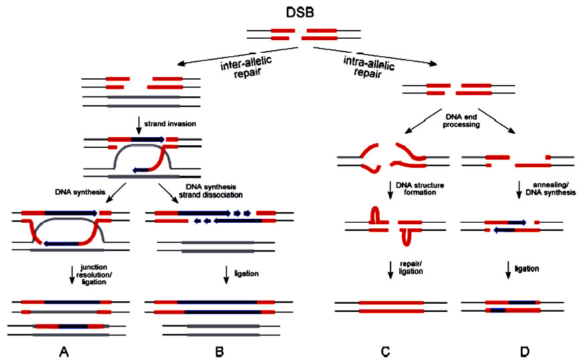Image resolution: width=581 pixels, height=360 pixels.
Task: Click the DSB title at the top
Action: (x=300, y=12)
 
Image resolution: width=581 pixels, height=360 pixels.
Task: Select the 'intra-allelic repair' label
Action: (x=368, y=67)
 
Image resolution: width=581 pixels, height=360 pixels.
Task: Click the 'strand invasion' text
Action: (x=170, y=124)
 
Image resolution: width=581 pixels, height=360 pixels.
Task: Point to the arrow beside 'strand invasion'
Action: (x=139, y=125)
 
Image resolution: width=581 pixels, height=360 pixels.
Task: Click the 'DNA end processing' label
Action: (x=461, y=121)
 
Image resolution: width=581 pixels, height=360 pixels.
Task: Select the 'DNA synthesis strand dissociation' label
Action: (x=211, y=191)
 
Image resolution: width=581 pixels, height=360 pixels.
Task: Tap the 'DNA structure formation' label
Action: (x=420, y=189)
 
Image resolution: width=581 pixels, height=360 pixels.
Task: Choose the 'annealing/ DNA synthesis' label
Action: (x=551, y=189)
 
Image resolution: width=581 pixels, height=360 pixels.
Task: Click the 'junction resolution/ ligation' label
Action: (x=94, y=275)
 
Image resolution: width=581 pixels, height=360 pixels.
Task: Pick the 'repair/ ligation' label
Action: (x=411, y=268)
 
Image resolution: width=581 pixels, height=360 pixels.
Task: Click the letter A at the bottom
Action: (x=64, y=351)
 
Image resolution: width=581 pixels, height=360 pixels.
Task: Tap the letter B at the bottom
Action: (x=219, y=351)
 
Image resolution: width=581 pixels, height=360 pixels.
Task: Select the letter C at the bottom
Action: (x=385, y=351)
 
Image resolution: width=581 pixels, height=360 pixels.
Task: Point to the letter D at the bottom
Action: (x=525, y=351)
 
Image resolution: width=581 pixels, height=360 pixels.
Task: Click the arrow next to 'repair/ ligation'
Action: (x=390, y=270)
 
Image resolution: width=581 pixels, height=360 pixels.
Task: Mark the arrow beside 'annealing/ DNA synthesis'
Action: (x=519, y=190)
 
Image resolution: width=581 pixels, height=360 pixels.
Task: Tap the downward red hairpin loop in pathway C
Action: (x=406, y=238)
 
